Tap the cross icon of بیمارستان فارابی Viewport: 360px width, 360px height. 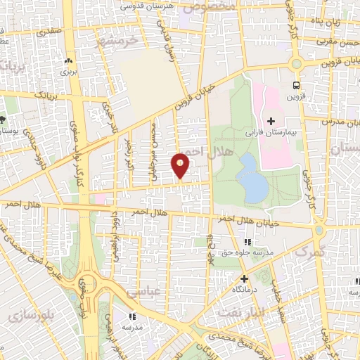point(270,121)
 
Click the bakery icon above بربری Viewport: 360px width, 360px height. point(67,61)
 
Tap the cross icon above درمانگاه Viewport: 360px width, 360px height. point(244,278)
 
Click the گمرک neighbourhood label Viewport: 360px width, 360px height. point(310,251)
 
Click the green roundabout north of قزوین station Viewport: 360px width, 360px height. point(296,64)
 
